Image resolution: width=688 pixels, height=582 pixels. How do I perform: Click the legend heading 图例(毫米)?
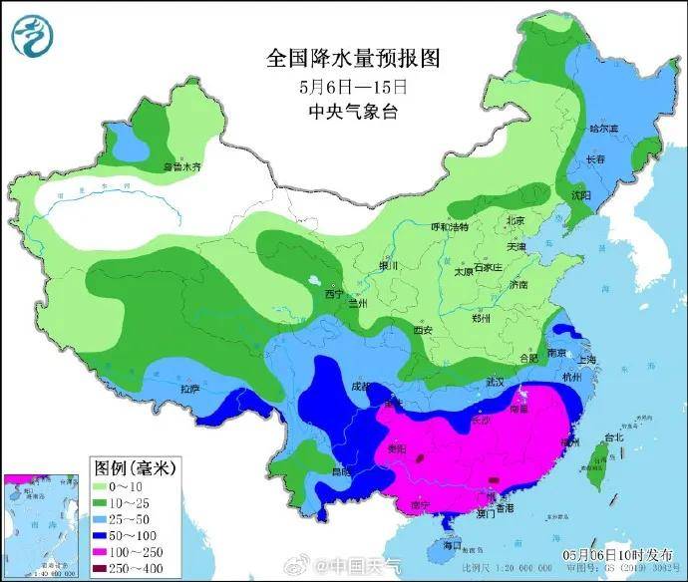tap(133, 467)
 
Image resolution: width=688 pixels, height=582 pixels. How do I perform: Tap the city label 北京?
tap(516, 221)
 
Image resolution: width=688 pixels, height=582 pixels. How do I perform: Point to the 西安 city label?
tap(424, 330)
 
